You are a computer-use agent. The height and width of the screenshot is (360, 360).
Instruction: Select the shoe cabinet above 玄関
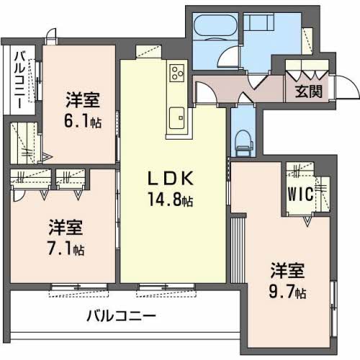tap(307, 71)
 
